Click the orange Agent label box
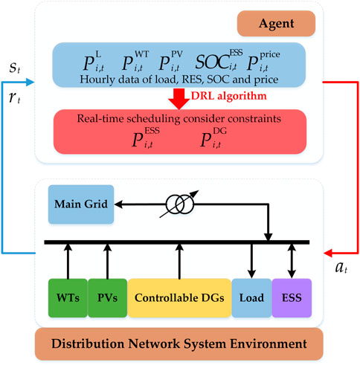(x=276, y=24)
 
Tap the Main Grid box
(x=81, y=204)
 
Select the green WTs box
(x=68, y=298)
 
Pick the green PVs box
(x=108, y=298)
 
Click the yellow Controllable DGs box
(x=179, y=298)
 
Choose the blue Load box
(x=251, y=298)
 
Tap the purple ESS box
(x=292, y=298)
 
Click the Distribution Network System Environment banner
(x=179, y=344)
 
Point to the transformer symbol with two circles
(x=179, y=204)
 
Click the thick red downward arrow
(x=179, y=99)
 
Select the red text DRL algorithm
(x=229, y=96)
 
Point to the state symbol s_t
(x=15, y=68)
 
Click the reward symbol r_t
(x=14, y=97)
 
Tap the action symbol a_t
(x=341, y=268)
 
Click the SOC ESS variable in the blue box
(x=219, y=60)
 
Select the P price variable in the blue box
(x=263, y=61)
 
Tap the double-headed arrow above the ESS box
(x=292, y=261)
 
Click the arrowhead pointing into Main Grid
(x=118, y=204)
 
